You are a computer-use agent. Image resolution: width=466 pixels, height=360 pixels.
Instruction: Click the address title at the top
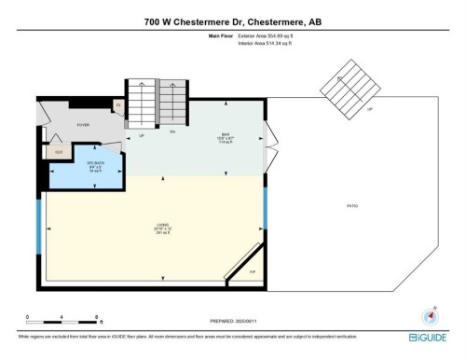233,21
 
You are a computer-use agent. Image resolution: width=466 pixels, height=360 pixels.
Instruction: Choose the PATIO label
351,206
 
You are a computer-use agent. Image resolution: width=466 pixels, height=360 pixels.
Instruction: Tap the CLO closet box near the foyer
58,151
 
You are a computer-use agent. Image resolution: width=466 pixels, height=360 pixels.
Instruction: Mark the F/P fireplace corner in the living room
252,270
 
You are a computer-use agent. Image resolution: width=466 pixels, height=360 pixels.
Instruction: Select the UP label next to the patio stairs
370,109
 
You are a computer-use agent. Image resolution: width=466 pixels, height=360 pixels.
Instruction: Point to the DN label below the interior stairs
171,132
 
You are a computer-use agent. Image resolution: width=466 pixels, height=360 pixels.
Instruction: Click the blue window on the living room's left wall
38,226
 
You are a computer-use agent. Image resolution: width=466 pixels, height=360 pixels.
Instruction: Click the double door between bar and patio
268,137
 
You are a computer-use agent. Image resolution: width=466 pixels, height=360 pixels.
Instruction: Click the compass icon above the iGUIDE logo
429,315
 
